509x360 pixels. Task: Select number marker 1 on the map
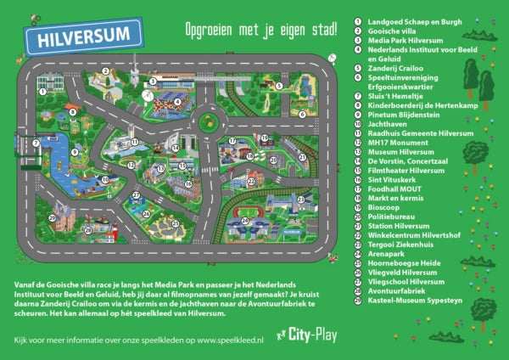click(x=40, y=87)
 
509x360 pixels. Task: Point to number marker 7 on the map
click(x=36, y=143)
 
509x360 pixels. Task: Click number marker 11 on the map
click(x=133, y=142)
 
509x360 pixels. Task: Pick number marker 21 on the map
click(x=300, y=197)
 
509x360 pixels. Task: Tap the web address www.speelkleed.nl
click(x=241, y=340)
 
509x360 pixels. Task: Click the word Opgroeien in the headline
click(x=210, y=30)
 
